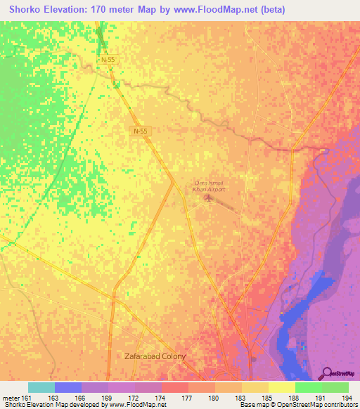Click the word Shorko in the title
(22, 10)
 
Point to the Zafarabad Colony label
(155, 356)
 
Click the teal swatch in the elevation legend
(41, 387)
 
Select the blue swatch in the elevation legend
(68, 387)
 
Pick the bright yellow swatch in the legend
(281, 387)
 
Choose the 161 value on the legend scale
(27, 398)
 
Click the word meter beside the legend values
(11, 398)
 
